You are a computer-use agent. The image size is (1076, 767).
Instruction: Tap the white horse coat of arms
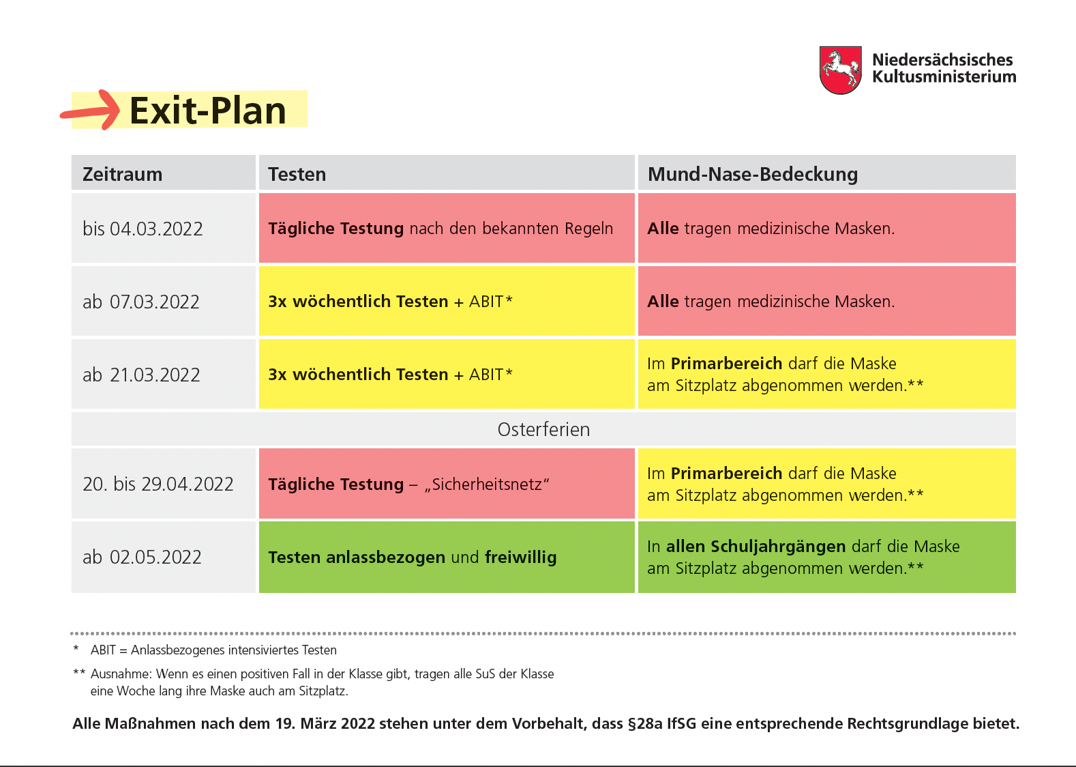coord(840,70)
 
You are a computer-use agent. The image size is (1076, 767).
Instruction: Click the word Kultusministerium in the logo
coord(944,77)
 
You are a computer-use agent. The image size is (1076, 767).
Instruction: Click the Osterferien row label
coord(543,429)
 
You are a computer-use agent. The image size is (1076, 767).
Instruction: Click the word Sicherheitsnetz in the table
coord(487,484)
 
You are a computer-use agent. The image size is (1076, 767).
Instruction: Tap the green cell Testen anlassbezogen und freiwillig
coord(447,557)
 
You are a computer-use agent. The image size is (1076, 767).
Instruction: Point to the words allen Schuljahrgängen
coord(756,547)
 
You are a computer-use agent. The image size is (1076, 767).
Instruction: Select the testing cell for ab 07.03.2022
coord(447,302)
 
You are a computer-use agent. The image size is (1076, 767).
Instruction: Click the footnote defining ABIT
coord(205,650)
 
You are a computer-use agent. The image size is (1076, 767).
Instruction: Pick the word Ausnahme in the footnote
coord(121,674)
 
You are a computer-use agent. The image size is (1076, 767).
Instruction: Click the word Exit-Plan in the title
coord(207,111)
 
